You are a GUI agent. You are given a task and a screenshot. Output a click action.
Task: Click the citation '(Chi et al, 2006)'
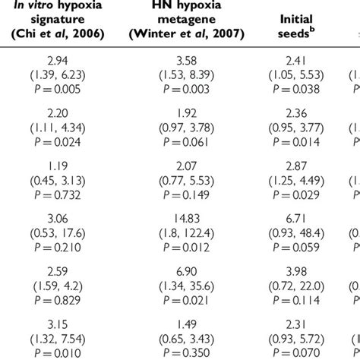tap(63, 35)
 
